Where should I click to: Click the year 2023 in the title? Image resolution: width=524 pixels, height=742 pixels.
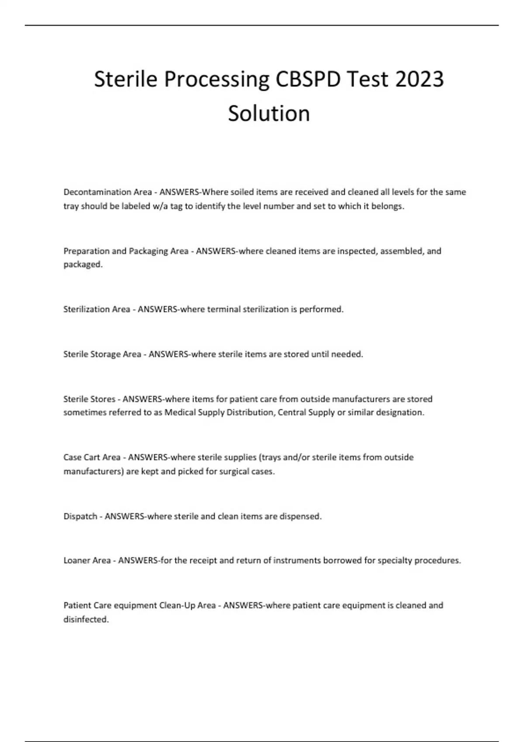(419, 79)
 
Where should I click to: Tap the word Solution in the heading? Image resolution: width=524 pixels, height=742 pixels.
(269, 113)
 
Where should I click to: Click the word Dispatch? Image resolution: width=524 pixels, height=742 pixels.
(80, 516)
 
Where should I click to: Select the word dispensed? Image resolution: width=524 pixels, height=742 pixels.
(300, 516)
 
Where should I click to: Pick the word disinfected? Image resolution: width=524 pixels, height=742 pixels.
(86, 619)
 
